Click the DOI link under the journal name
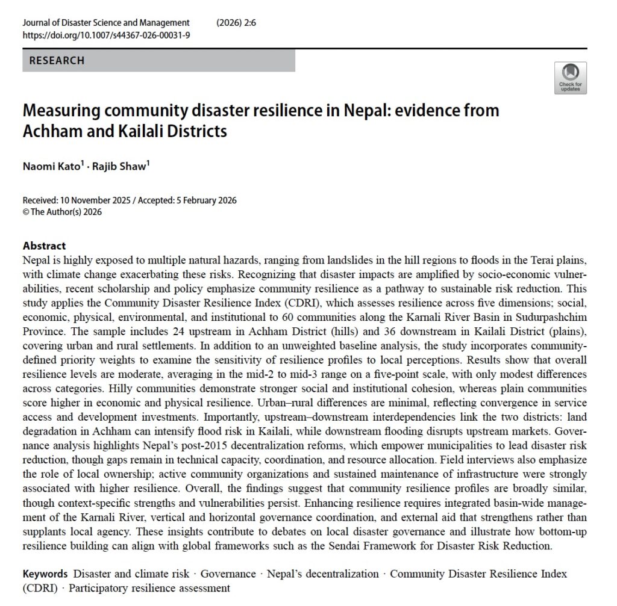(x=106, y=35)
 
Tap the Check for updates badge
(x=570, y=78)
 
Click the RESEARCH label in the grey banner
(x=57, y=61)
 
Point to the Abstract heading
(x=44, y=246)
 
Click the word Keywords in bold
(x=45, y=574)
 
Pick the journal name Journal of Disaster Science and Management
(x=106, y=23)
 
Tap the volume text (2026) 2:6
(x=235, y=23)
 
